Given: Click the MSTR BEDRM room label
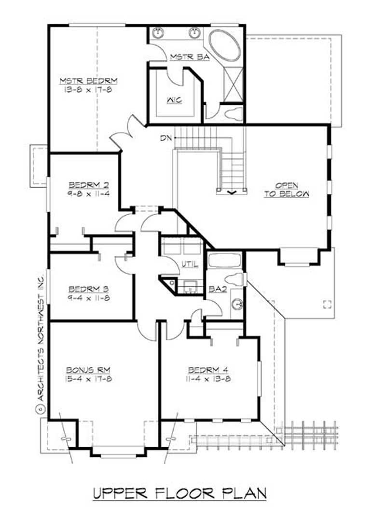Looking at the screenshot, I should (89, 80).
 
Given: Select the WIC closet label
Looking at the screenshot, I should (175, 101).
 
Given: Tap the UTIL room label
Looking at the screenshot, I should (187, 264).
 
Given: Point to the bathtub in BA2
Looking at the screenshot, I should (224, 260).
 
